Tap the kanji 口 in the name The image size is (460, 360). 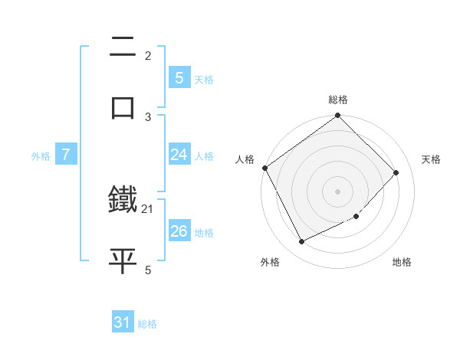pos(123,106)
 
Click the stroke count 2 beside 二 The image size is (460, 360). pos(148,55)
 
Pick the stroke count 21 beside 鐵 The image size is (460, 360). pos(148,208)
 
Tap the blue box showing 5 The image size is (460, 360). pos(179,77)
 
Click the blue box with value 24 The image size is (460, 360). pos(179,155)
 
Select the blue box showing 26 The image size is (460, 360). pos(179,231)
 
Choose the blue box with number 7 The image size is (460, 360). pos(66,155)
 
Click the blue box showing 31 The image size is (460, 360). pos(123,322)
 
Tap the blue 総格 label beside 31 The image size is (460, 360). pos(147,324)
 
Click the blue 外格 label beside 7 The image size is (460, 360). pos(41,156)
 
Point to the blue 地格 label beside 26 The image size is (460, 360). pos(204,233)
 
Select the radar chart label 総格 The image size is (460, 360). pos(338,100)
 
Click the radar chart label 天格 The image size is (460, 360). pos(431,159)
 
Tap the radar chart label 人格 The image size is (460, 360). pos(245,159)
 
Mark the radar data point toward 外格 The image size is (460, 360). pos(302,241)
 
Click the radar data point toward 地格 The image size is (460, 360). pos(356,217)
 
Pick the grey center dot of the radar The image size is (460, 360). pos(338,191)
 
